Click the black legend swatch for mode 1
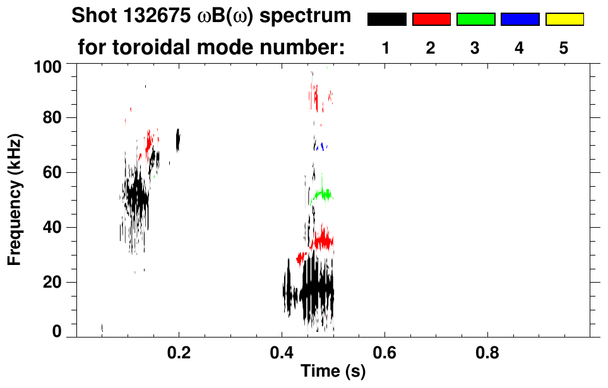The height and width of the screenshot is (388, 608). point(386,19)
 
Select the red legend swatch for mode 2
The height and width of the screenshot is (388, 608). point(431,19)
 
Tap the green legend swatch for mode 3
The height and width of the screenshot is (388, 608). point(475,19)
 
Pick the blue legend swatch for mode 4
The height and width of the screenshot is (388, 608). point(520,19)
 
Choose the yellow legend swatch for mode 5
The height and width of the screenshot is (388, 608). point(564,19)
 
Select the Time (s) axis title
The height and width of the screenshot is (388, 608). point(333,372)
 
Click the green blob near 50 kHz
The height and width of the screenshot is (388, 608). point(323,194)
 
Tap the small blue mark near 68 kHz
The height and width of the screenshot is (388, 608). point(321,146)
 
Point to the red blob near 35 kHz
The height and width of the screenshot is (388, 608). point(323,240)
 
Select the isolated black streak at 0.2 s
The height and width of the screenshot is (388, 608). point(178,140)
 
